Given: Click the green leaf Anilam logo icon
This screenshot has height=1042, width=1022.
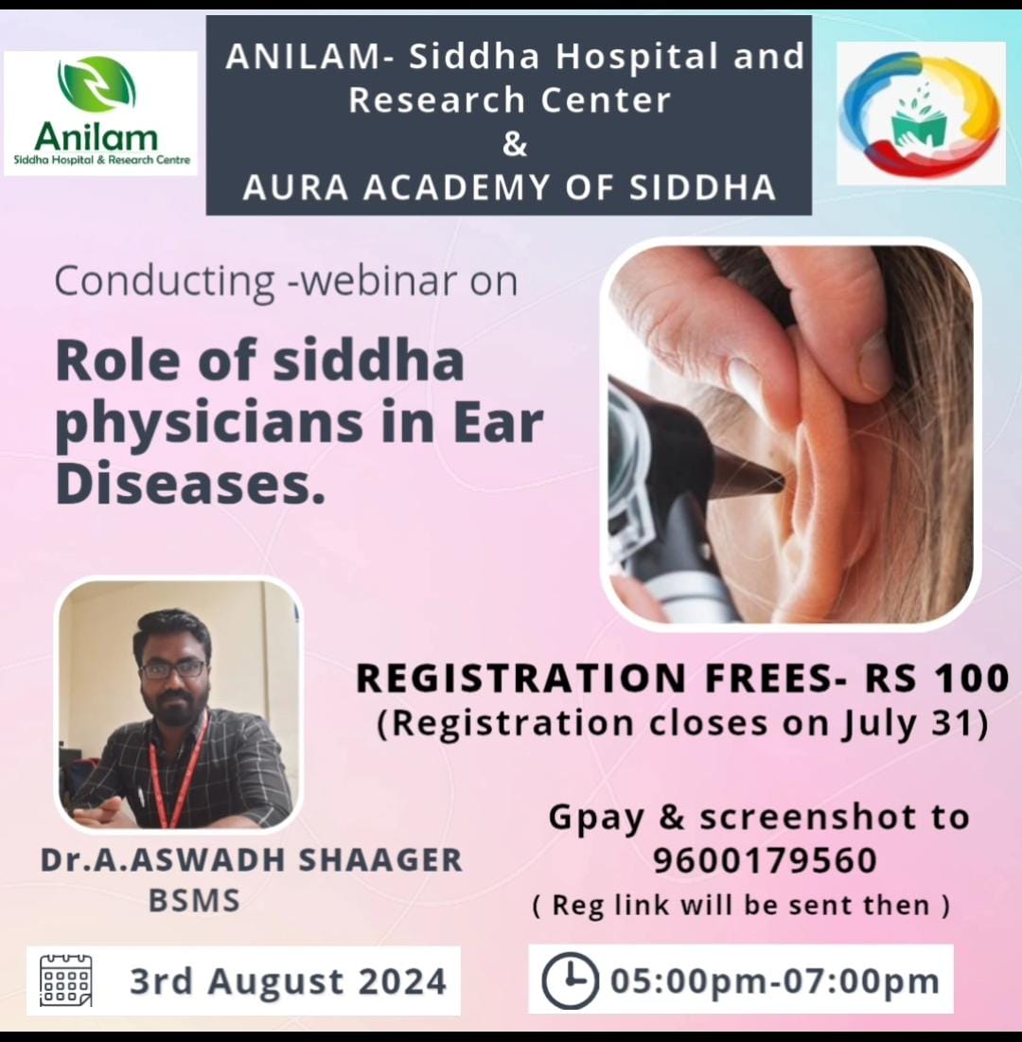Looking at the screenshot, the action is click(x=97, y=85).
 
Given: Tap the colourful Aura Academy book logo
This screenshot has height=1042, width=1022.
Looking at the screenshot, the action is click(x=920, y=113).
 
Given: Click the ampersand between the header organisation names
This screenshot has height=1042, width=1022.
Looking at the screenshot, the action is click(x=515, y=144).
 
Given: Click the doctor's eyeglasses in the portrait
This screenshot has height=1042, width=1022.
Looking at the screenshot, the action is click(x=173, y=669).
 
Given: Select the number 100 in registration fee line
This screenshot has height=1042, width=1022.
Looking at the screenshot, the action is click(x=972, y=679).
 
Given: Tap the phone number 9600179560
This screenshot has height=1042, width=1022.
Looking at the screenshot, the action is click(x=765, y=861).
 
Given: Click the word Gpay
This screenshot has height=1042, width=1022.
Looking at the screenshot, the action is click(x=596, y=818).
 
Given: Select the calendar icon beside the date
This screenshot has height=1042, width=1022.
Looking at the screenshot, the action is click(x=66, y=980).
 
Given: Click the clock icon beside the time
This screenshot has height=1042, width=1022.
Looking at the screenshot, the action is click(x=569, y=980).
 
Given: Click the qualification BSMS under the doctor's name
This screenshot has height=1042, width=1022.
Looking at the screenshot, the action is click(x=194, y=901).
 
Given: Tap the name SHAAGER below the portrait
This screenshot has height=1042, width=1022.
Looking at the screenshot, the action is click(x=380, y=860).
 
